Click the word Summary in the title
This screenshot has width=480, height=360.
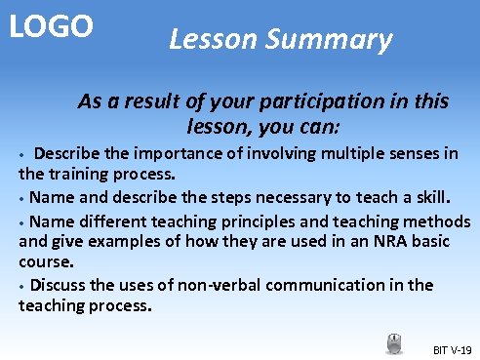(333, 40)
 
